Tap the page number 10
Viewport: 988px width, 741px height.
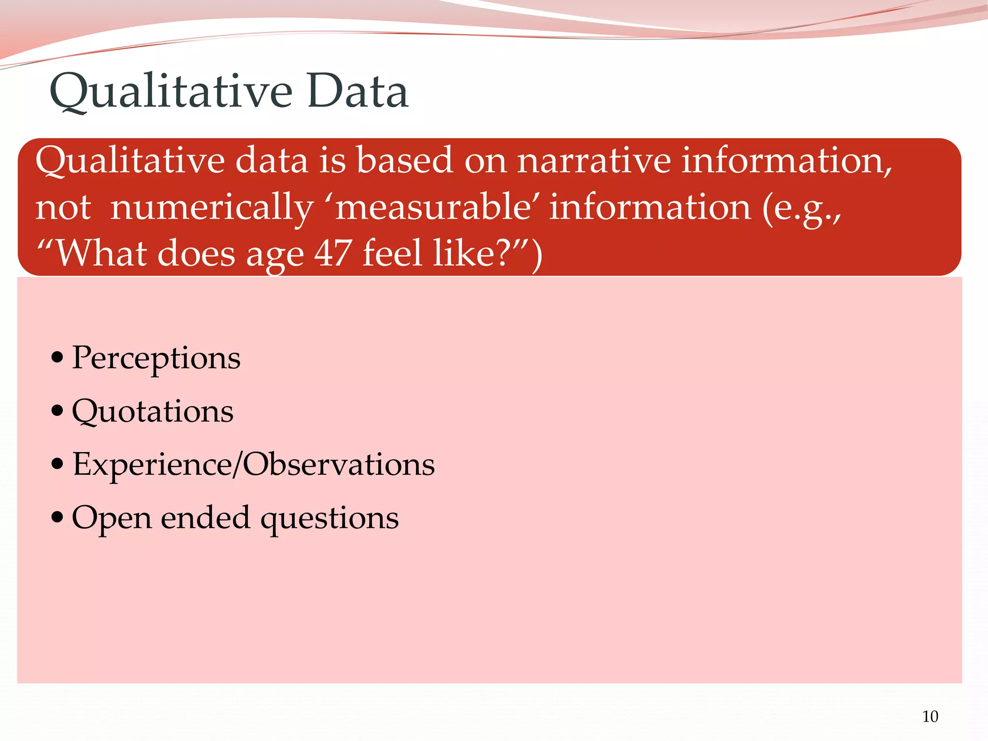(x=930, y=717)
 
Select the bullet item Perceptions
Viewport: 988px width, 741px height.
(x=156, y=359)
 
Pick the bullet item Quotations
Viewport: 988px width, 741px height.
(x=152, y=412)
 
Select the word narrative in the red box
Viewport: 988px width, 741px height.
(x=594, y=161)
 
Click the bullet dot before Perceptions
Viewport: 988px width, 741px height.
(x=57, y=358)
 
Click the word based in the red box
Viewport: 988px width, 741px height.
(x=405, y=161)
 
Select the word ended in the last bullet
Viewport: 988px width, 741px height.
(x=206, y=518)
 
